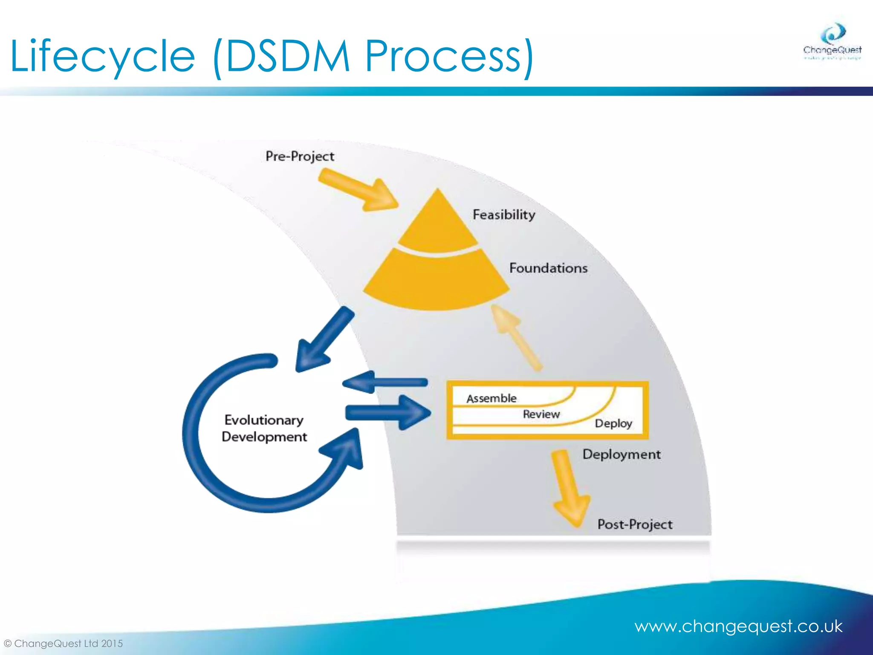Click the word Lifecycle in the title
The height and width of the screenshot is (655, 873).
coord(102,56)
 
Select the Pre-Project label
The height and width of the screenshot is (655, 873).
coord(300,156)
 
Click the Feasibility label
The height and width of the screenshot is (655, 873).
coord(504,214)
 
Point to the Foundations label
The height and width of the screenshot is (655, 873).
coord(548,268)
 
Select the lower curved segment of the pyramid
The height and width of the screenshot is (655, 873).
coord(436,281)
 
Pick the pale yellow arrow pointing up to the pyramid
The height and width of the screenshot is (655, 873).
coord(516,337)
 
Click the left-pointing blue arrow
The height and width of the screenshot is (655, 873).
coord(384,382)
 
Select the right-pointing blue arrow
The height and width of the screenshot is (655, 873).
coord(388,412)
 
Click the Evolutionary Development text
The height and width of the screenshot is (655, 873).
coord(264,428)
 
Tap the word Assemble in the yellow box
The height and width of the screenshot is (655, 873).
coord(491,398)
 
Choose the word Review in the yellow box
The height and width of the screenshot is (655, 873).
coord(541,414)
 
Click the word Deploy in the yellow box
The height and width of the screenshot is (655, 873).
coord(613,423)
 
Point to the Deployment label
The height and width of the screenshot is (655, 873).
coord(622,454)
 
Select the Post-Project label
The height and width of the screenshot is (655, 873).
coord(635,524)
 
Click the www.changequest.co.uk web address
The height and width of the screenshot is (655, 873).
coord(738,626)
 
